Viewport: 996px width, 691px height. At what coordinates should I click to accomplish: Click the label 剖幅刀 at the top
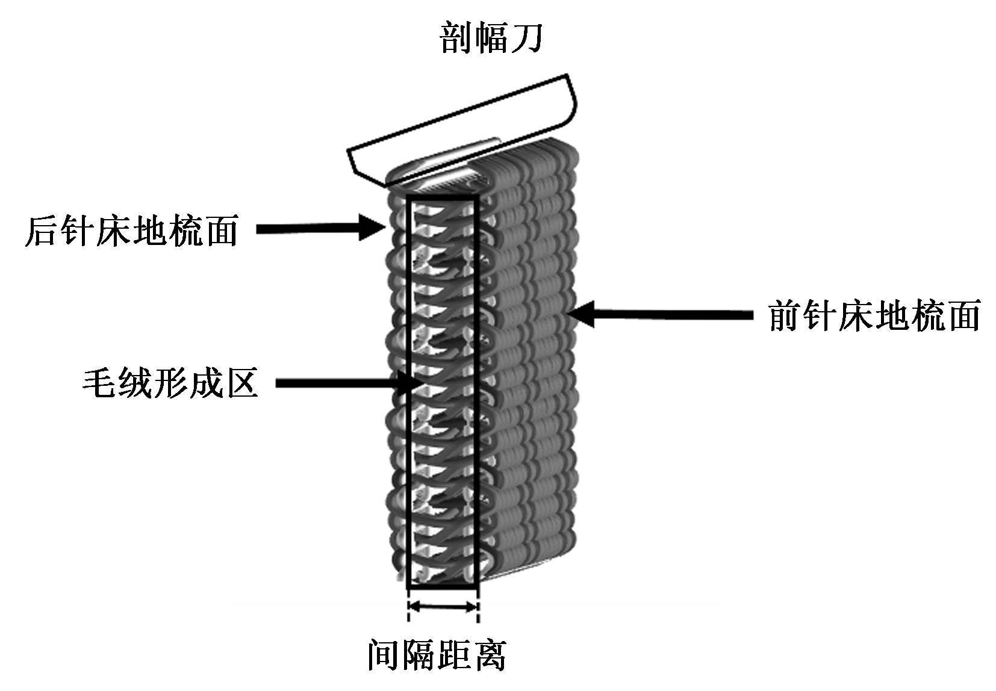click(491, 37)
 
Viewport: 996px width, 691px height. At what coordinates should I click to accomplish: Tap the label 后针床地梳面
click(131, 230)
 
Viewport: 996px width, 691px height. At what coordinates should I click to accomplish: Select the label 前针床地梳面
click(874, 315)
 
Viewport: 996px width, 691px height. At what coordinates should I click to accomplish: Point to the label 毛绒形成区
click(170, 382)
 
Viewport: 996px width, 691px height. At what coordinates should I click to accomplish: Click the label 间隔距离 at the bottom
click(437, 655)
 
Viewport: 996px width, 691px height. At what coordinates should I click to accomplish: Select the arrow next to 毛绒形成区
click(343, 383)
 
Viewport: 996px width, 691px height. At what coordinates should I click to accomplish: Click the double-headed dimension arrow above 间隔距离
click(443, 607)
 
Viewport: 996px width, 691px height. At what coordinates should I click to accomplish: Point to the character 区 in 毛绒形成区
click(241, 382)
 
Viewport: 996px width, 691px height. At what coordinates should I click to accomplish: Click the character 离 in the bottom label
click(489, 655)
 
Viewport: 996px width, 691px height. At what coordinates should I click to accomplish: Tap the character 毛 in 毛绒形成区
click(99, 382)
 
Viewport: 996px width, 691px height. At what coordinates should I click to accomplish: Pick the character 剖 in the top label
click(456, 37)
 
